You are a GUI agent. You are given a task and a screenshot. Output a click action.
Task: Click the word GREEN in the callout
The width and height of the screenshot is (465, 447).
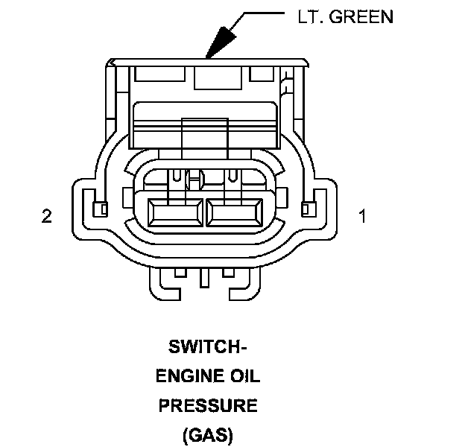(x=361, y=16)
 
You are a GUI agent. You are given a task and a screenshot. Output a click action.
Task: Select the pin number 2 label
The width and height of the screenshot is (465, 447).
(x=47, y=216)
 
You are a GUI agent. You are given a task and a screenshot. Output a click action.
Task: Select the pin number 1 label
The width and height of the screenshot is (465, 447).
(x=363, y=216)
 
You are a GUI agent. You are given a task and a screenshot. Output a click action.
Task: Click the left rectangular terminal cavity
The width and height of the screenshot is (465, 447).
(x=176, y=213)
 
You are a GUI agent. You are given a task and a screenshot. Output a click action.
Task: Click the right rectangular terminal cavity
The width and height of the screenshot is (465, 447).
(x=235, y=213)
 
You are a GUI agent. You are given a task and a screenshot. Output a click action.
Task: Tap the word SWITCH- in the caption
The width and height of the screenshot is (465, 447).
(x=208, y=346)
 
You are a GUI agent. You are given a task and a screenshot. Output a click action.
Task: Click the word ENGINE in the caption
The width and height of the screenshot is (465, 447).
(x=189, y=376)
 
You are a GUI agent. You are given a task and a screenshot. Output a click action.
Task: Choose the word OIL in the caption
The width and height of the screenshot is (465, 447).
(x=245, y=376)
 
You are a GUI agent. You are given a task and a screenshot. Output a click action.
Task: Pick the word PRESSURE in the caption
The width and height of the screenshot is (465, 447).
(x=208, y=405)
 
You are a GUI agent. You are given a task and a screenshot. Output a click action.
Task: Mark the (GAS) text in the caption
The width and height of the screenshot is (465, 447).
(x=208, y=435)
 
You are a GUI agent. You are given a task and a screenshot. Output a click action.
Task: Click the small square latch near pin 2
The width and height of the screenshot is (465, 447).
(x=101, y=209)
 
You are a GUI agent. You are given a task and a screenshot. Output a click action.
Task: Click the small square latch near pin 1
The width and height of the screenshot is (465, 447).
(x=309, y=209)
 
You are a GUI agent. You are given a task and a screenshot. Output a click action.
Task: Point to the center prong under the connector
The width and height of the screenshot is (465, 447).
(x=204, y=278)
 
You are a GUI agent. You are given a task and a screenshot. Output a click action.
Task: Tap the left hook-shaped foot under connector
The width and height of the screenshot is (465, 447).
(x=164, y=286)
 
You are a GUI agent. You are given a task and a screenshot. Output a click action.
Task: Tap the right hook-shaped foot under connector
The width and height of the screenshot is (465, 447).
(x=245, y=286)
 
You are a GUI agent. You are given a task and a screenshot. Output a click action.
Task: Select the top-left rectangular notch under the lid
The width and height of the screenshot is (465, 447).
(x=159, y=74)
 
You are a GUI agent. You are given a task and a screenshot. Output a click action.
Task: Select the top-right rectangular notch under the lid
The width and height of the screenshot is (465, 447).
(x=262, y=74)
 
